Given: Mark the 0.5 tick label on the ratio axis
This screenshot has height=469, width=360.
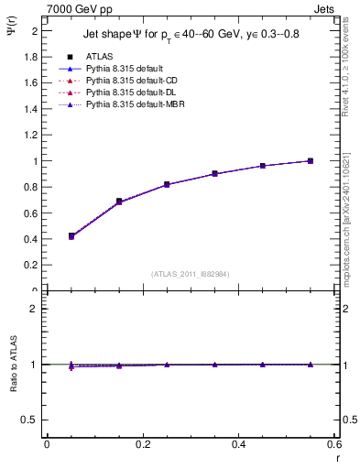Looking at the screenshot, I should tap(30, 419).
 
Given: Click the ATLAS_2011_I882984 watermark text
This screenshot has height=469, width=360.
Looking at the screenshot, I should tap(191, 274).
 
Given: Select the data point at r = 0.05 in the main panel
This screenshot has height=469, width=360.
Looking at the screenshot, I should tap(71, 236).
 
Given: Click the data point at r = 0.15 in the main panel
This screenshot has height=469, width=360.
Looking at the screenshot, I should tap(119, 201).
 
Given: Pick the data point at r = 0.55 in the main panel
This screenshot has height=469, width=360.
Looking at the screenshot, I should tap(311, 161).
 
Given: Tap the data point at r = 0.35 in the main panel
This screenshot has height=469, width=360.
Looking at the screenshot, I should tap(214, 173).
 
